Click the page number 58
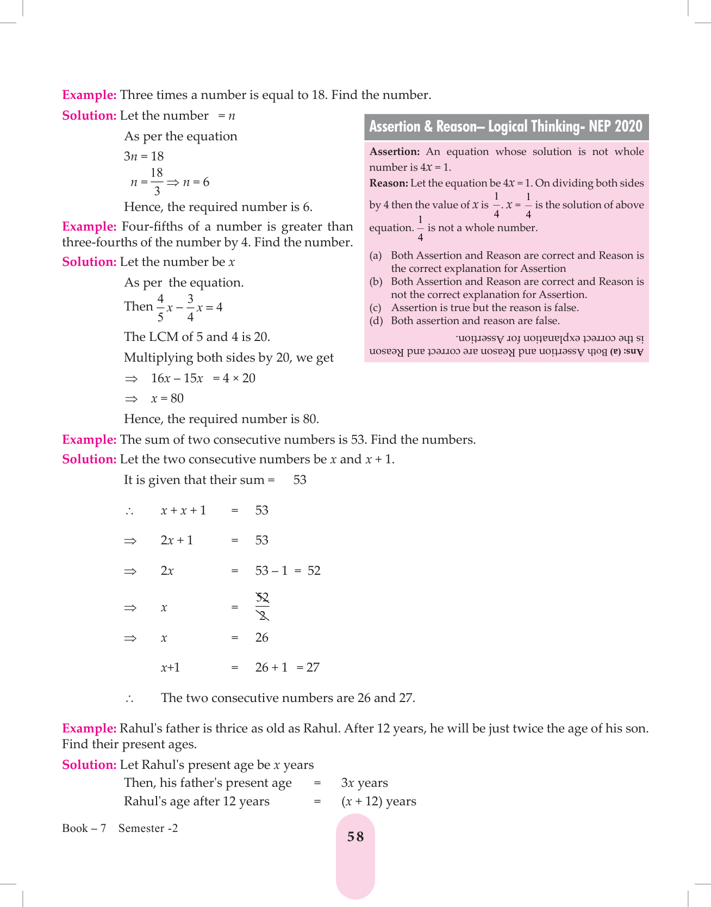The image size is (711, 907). coord(355,837)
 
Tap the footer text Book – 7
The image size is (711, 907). coord(84,828)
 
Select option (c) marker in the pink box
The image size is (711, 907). coord(376,308)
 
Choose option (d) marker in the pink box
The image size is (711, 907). coord(376,321)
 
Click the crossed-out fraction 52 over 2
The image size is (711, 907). coord(262,607)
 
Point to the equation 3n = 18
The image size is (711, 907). coord(144,157)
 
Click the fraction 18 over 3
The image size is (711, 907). coord(157,182)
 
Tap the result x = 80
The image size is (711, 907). coord(167,399)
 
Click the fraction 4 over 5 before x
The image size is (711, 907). coord(160,307)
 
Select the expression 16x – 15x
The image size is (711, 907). coord(177,378)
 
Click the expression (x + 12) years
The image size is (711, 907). coord(378,802)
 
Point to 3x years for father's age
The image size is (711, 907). coord(364,783)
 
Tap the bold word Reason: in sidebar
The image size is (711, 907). coord(388,183)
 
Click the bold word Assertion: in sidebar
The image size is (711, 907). coord(394,152)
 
